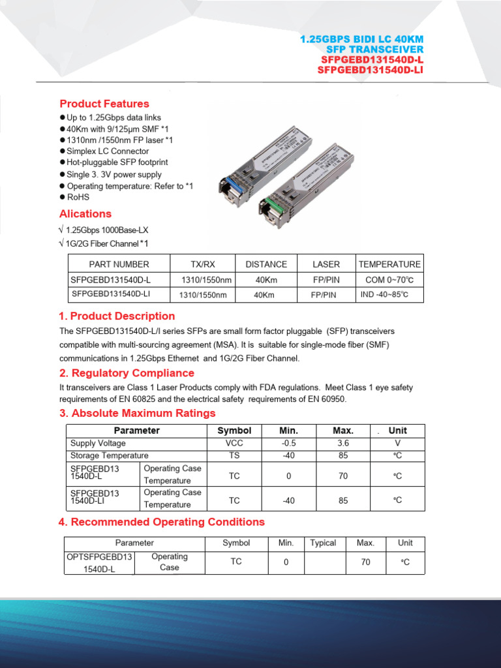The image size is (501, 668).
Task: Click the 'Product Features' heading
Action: click(x=104, y=104)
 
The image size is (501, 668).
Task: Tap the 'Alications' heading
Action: click(x=85, y=214)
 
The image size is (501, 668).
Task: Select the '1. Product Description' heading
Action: click(x=117, y=316)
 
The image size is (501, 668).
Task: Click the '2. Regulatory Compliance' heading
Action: click(x=127, y=373)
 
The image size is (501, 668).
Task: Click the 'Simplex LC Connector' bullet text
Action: click(x=108, y=151)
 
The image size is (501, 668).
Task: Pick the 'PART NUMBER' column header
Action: click(x=119, y=264)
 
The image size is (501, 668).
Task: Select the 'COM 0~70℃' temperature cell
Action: click(x=389, y=280)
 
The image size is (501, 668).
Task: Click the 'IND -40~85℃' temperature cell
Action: click(x=384, y=295)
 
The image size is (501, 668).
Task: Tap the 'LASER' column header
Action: click(x=326, y=264)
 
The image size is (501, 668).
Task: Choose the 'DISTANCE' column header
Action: click(x=266, y=264)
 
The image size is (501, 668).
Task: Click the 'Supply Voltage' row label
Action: click(x=98, y=444)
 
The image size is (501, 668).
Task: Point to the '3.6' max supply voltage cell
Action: click(x=343, y=444)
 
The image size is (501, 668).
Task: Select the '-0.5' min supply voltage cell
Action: click(x=288, y=444)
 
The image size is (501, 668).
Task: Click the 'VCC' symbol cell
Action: click(x=234, y=444)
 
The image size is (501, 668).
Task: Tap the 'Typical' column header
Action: click(x=323, y=543)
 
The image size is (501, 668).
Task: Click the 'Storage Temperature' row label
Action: click(x=110, y=455)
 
